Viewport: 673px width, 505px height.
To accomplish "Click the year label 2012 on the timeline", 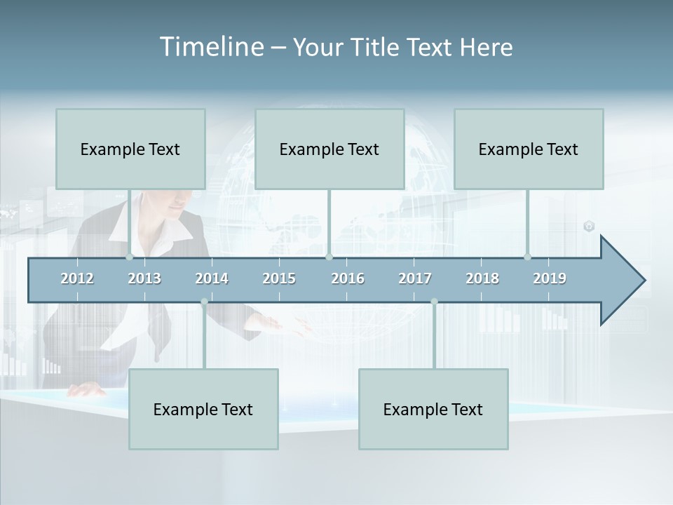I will click(x=77, y=278).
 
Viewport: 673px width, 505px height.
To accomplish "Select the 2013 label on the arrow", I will click(x=144, y=278).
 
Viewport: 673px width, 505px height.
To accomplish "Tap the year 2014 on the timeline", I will click(x=212, y=278).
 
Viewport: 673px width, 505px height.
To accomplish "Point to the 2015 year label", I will click(x=279, y=278).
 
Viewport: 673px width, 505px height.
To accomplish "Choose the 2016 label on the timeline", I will click(x=348, y=278).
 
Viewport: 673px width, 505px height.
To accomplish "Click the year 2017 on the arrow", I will click(x=415, y=278).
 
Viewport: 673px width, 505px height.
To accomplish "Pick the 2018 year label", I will click(x=482, y=278).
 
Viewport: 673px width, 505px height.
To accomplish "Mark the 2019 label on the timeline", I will click(x=550, y=278).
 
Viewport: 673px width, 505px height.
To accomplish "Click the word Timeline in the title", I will click(x=210, y=47).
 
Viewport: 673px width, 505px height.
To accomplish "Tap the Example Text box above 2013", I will click(x=130, y=149).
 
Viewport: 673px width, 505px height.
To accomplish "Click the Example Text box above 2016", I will click(x=329, y=149).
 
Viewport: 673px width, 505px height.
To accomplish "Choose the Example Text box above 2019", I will click(x=529, y=149).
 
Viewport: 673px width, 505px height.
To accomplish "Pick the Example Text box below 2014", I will click(x=203, y=409).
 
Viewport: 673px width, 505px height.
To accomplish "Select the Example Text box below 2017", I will click(x=433, y=409).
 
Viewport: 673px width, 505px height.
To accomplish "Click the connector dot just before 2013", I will click(x=130, y=257).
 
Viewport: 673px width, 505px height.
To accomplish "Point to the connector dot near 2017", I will click(x=434, y=302).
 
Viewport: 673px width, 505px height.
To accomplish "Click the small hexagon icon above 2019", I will click(x=589, y=226).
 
